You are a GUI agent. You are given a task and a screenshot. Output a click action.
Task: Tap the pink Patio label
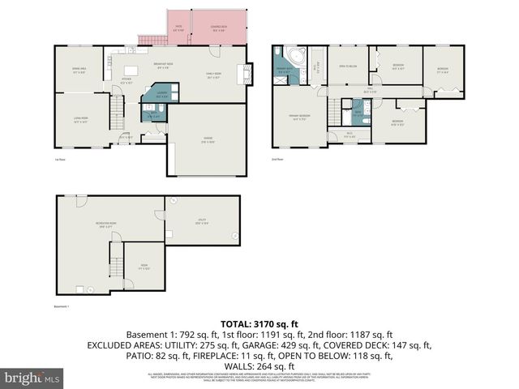tap(179, 30)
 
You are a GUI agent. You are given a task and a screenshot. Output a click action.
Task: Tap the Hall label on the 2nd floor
tap(369, 91)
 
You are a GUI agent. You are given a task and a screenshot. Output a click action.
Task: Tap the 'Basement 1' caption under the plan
tap(62, 306)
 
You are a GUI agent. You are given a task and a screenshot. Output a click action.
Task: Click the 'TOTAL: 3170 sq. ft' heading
tap(259, 323)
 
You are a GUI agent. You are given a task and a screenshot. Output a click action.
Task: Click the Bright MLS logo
tap(32, 378)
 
